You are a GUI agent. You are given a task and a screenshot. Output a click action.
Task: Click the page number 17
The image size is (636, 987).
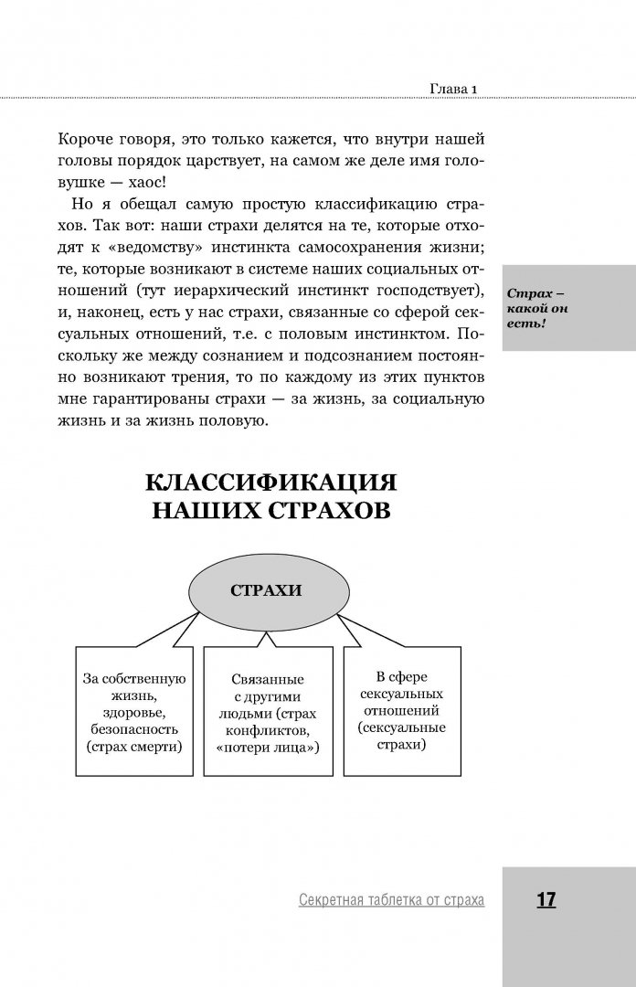(x=546, y=900)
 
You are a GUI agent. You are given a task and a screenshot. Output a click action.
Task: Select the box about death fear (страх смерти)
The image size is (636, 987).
(x=133, y=713)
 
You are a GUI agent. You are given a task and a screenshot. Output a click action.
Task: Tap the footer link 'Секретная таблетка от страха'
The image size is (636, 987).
(x=391, y=901)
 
